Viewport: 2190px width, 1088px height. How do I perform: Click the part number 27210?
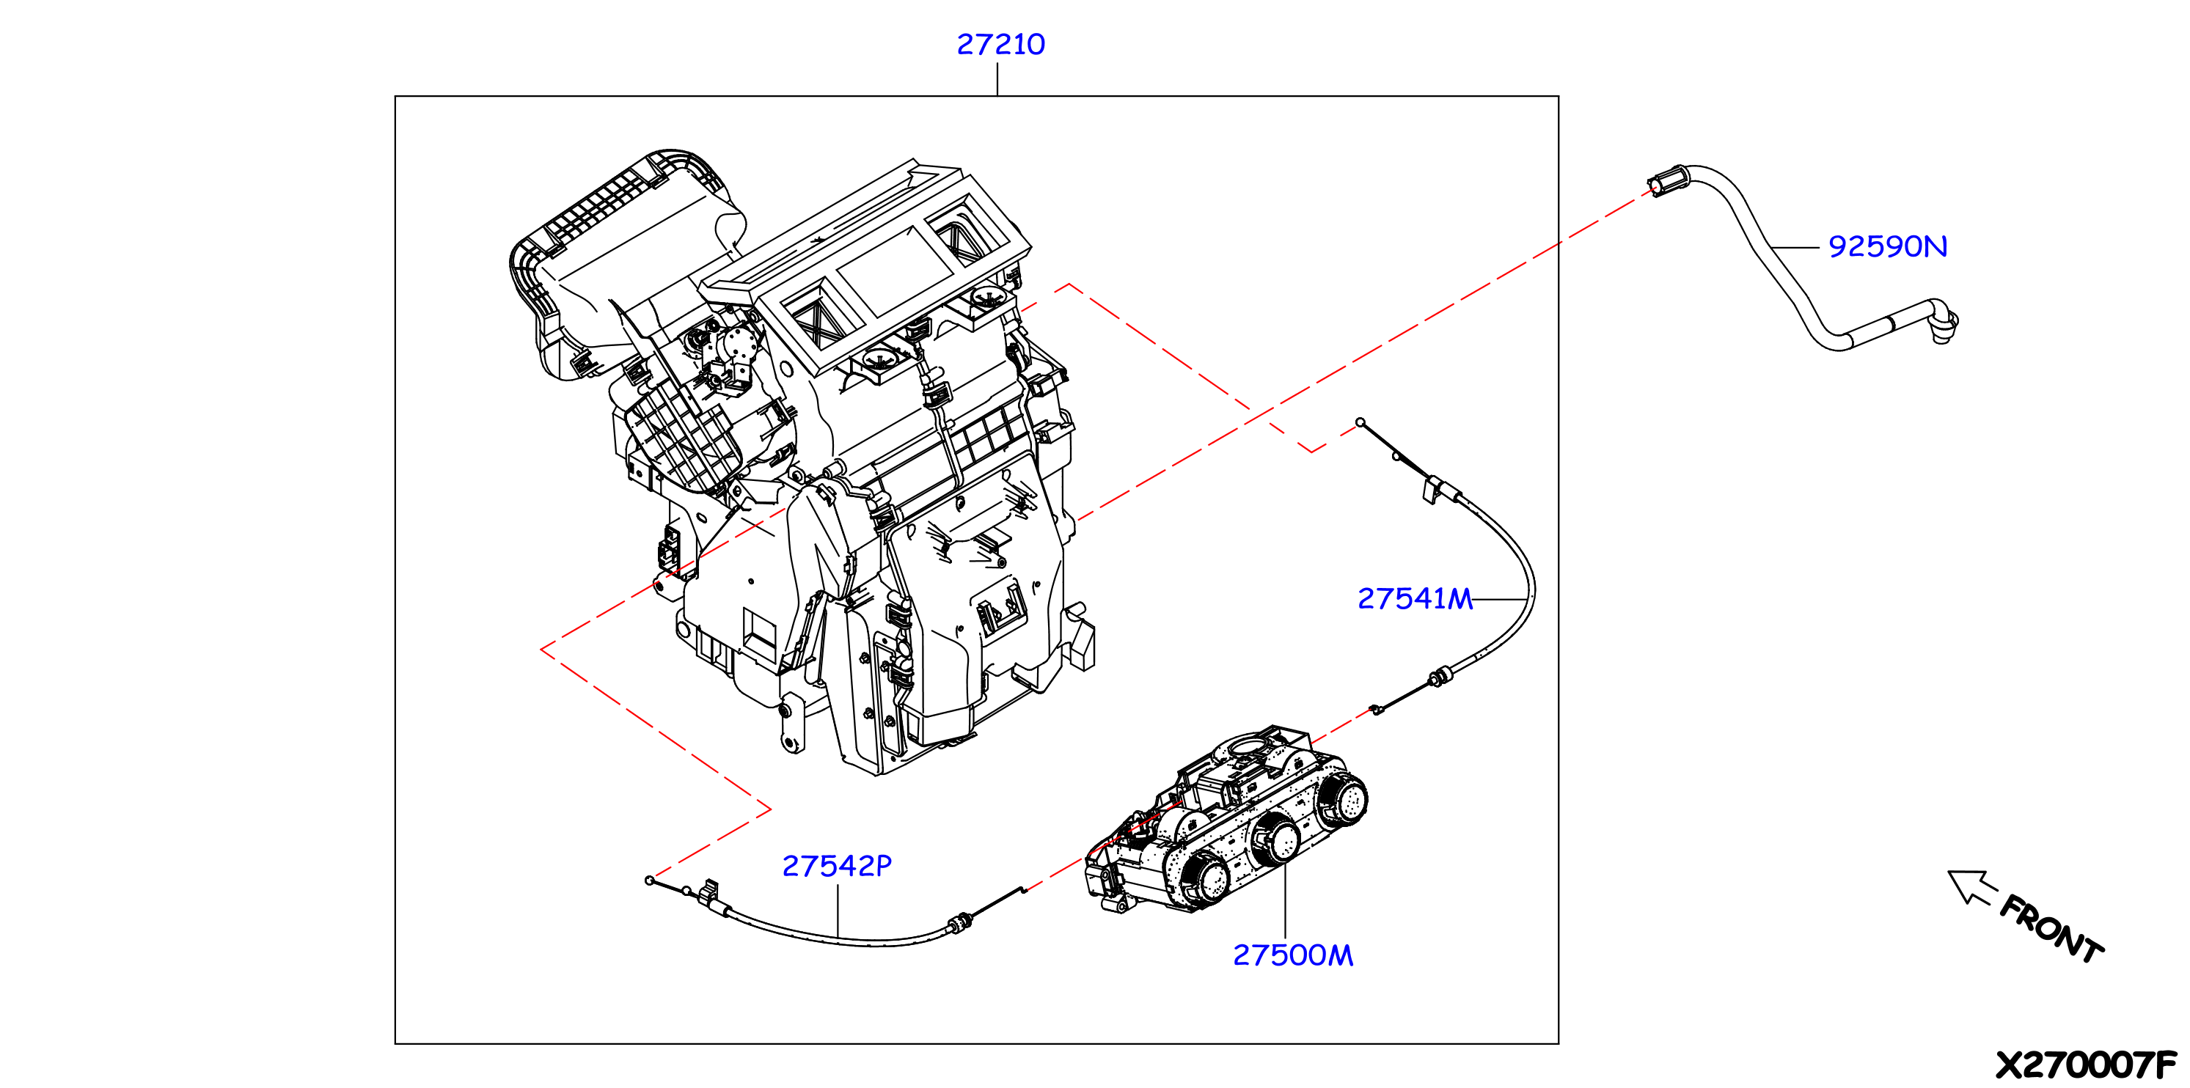1000,44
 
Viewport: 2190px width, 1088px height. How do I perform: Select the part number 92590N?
1887,246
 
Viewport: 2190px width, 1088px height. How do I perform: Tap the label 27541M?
1415,599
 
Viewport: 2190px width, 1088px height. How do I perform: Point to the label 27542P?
837,866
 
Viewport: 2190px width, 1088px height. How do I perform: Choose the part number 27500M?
1292,955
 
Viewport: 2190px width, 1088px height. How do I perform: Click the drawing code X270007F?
2085,1065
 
